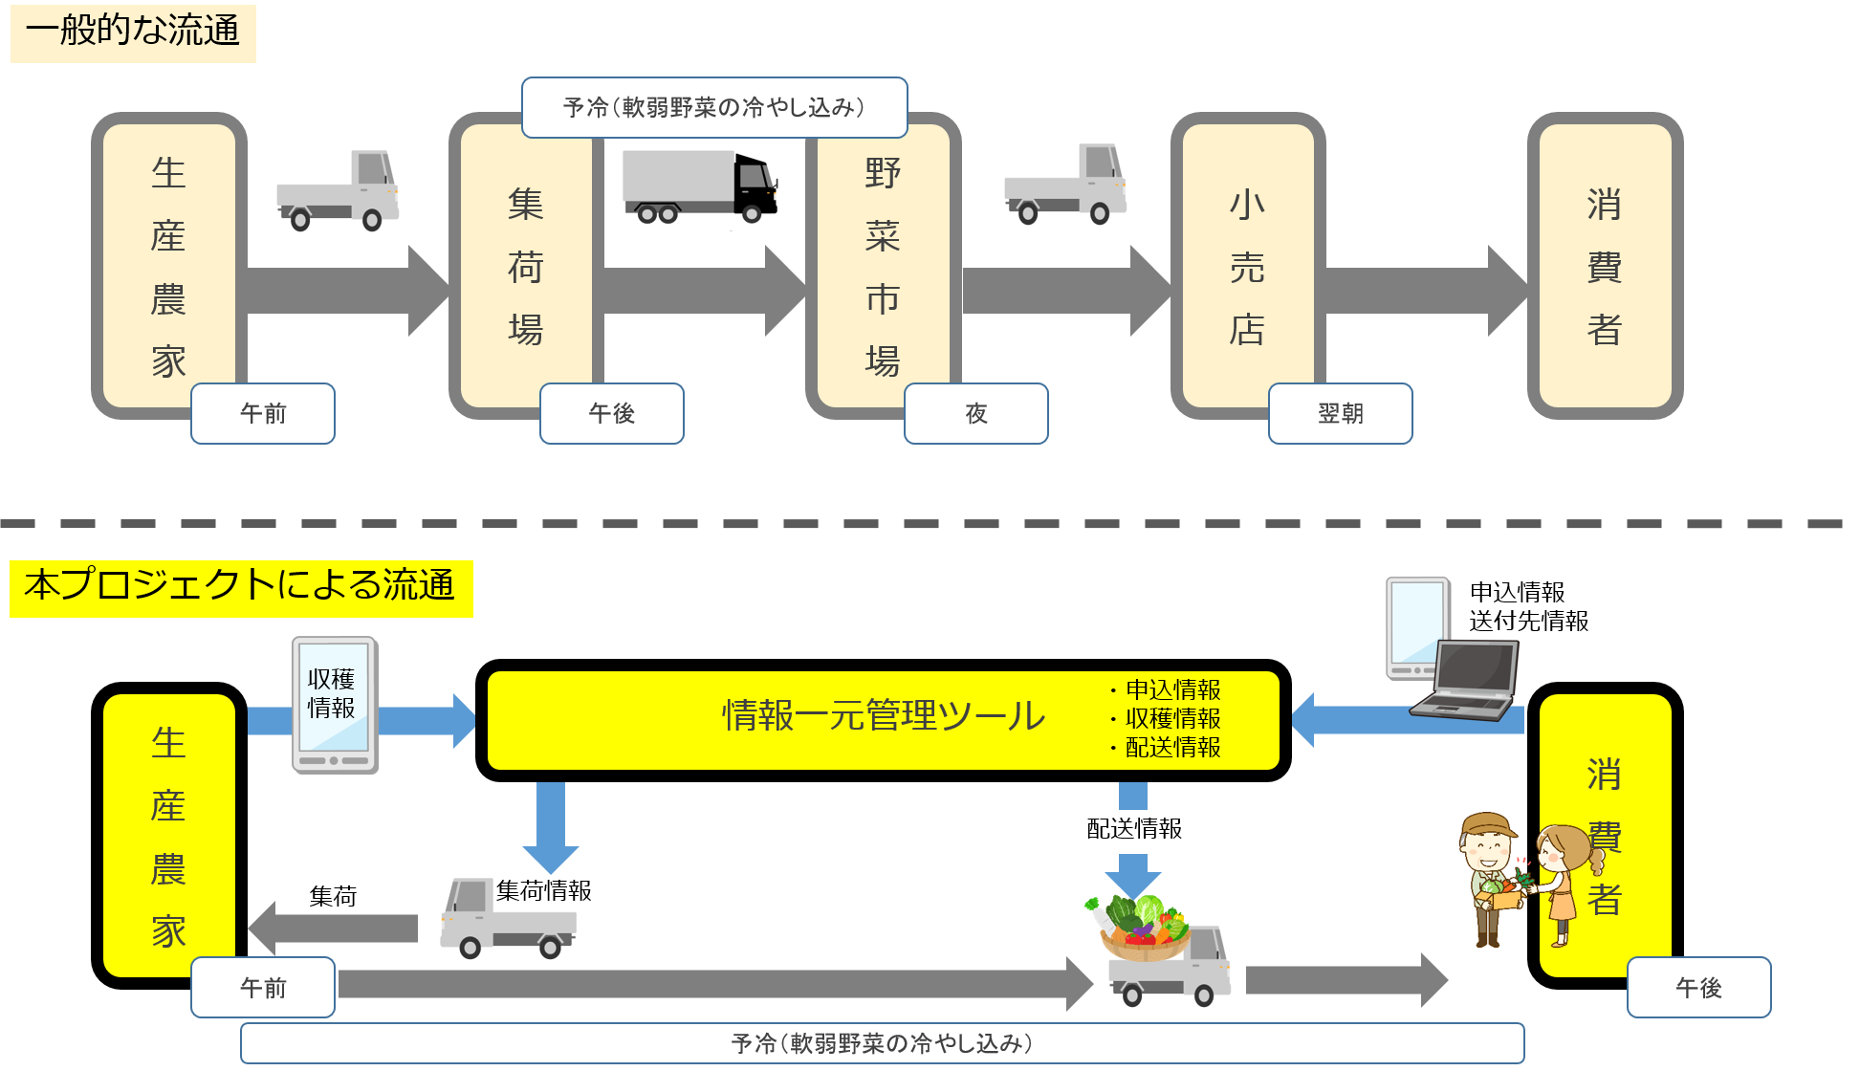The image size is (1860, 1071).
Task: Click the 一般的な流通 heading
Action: coord(133,32)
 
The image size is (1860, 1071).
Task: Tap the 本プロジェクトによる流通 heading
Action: coord(240,586)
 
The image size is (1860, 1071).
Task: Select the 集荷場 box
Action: coord(525,267)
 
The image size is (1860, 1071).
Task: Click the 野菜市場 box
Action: coord(882,267)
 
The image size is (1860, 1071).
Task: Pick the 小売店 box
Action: coord(1247,267)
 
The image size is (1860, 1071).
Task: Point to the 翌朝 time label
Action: coord(1340,413)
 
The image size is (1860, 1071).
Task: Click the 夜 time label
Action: coord(975,413)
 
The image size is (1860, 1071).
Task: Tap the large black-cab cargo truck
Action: coord(700,188)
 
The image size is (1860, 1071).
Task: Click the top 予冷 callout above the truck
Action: coord(713,107)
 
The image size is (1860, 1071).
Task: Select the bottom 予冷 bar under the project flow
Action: coord(882,1043)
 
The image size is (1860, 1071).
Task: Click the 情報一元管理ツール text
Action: coord(884,716)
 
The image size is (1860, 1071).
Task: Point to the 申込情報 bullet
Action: coord(1172,689)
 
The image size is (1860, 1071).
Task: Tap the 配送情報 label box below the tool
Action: coord(1134,829)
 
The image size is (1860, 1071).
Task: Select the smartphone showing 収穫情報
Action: coord(334,706)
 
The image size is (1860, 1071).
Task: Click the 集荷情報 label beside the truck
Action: coord(539,891)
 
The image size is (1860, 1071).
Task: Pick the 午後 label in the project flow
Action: coord(1698,988)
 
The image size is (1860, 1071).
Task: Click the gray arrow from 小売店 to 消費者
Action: coord(1425,291)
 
